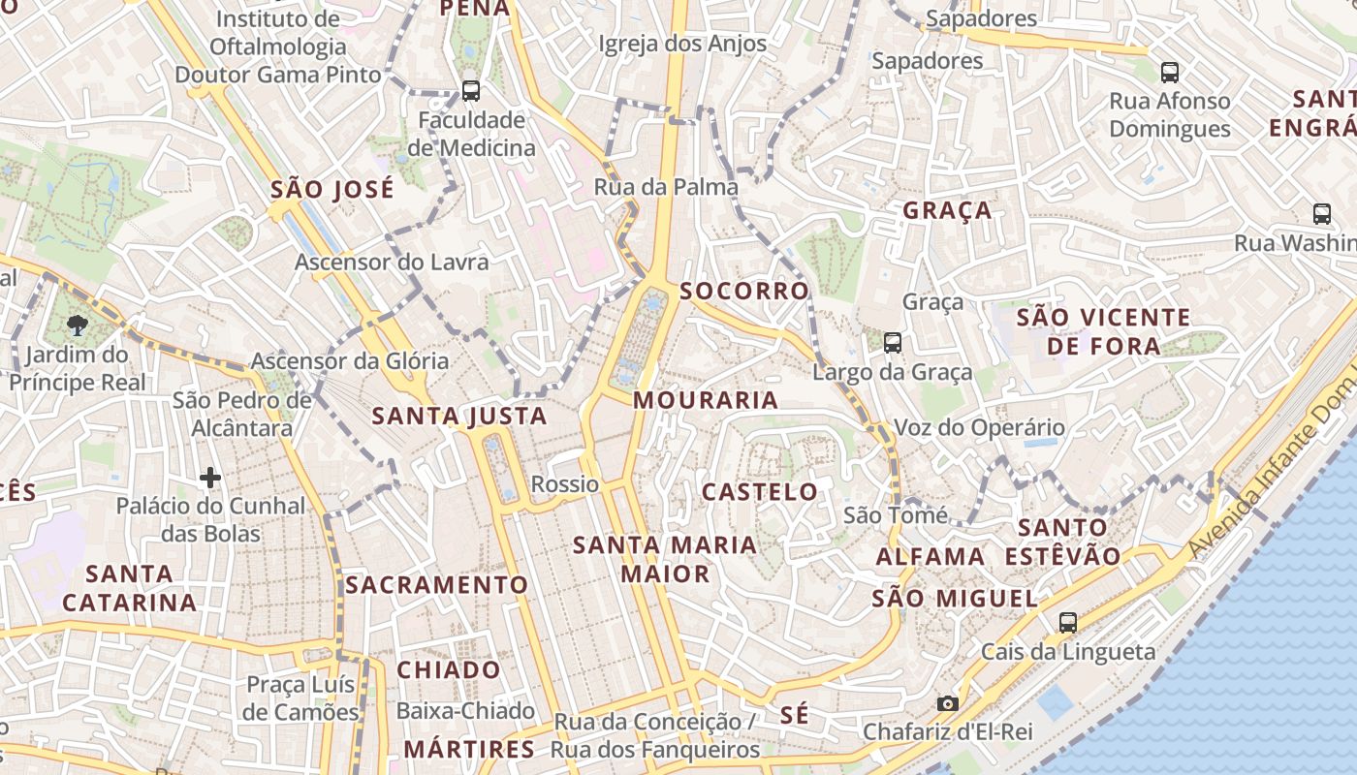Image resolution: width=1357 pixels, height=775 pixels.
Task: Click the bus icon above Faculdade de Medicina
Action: click(471, 91)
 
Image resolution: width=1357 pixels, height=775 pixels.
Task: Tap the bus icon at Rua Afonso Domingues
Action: click(1170, 72)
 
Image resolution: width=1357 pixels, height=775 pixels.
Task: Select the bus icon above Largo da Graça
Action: click(893, 342)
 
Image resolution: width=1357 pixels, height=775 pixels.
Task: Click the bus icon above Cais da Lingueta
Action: click(1068, 622)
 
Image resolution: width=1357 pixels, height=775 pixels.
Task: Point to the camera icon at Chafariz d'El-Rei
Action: click(948, 703)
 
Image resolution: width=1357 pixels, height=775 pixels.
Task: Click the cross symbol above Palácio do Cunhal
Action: click(210, 477)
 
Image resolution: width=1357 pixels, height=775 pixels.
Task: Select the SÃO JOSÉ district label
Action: click(332, 189)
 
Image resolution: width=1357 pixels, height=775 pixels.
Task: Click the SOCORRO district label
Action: click(744, 291)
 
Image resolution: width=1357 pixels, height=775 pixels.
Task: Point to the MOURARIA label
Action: click(706, 400)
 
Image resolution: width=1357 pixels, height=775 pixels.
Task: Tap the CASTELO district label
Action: click(760, 492)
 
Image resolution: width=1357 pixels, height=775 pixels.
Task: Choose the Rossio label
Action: click(565, 483)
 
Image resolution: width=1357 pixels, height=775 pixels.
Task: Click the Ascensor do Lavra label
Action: click(392, 262)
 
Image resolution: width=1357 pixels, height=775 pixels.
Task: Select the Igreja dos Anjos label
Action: click(682, 44)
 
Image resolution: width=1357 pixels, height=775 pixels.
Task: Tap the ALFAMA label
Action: click(931, 557)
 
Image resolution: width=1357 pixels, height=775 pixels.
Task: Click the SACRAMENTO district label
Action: click(437, 585)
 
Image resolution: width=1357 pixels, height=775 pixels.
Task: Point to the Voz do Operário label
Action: click(979, 427)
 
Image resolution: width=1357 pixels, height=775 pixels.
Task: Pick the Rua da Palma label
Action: click(667, 187)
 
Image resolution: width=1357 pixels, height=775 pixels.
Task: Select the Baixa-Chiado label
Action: click(466, 711)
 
